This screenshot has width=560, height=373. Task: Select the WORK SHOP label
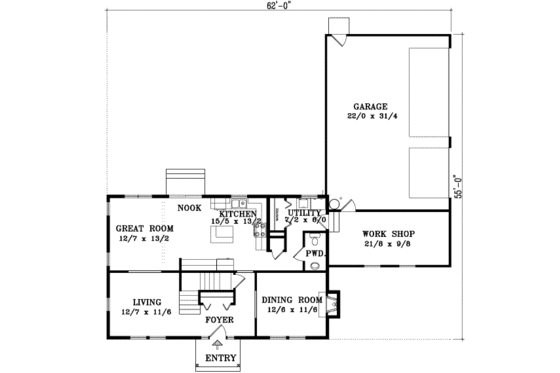[x=382, y=233]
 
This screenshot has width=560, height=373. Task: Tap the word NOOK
[x=189, y=209]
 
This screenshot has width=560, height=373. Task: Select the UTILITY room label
[x=304, y=213]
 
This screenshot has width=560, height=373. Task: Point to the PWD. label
[x=315, y=254]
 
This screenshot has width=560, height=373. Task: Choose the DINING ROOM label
[x=291, y=300]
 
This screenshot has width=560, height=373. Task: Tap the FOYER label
[x=219, y=320]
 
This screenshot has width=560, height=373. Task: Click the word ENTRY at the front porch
[x=219, y=357]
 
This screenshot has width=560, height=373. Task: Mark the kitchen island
[x=223, y=236]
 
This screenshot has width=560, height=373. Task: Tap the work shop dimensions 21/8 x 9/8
[x=382, y=243]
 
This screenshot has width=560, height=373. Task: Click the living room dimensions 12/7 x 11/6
[x=144, y=311]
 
